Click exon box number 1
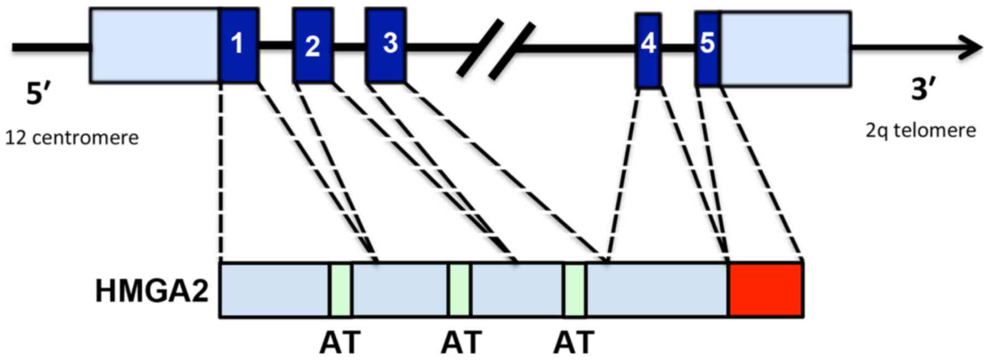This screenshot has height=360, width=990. [239, 45]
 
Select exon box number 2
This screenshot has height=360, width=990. [313, 45]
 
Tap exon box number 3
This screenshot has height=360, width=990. [386, 45]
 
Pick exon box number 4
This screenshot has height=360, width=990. [648, 50]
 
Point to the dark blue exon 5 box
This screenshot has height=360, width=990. [707, 49]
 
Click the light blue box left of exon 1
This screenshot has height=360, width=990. [154, 45]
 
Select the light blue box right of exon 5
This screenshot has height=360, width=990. [785, 49]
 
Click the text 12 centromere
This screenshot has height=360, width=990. [72, 137]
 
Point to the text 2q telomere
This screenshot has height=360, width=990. [920, 131]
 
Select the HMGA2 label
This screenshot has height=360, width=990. [152, 291]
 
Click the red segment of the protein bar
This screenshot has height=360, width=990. [765, 290]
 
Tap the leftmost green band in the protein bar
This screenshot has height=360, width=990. [341, 290]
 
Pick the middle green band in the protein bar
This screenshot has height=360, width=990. [459, 290]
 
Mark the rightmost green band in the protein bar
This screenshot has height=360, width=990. [574, 290]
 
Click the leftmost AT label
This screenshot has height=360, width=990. [340, 342]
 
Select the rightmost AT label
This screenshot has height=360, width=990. [574, 342]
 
